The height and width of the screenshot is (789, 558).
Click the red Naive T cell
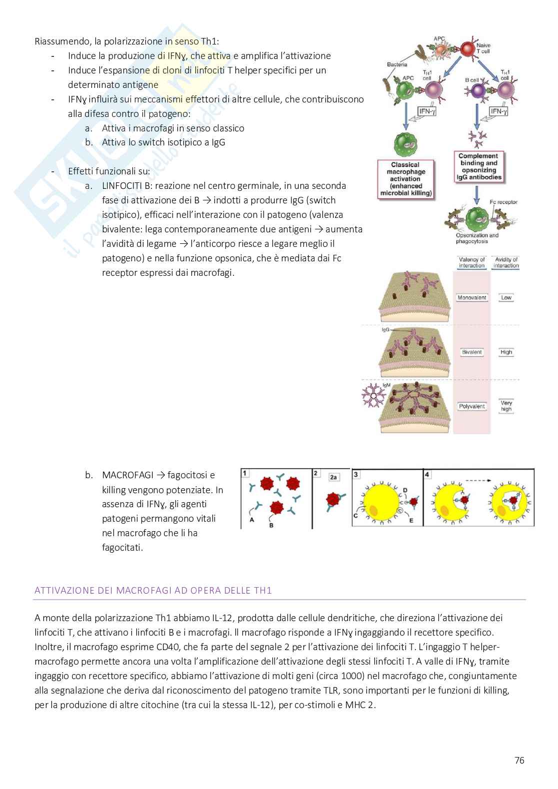pos(467,49)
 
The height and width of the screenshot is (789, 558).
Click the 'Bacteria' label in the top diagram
pos(397,64)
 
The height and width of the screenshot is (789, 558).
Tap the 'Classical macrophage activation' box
pos(405,179)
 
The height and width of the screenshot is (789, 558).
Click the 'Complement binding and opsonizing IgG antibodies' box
pos(478,166)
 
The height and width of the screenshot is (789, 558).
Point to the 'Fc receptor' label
pos(503,202)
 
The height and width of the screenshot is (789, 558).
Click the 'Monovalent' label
pos(471,298)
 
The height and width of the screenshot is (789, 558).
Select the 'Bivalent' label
pos(471,352)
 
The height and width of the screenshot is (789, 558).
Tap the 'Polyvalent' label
pos(471,406)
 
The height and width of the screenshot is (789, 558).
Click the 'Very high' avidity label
pos(506,406)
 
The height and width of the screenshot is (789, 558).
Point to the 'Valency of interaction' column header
pos(471,262)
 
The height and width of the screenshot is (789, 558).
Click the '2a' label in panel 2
pos(334,477)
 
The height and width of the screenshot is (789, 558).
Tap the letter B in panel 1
pos(271,525)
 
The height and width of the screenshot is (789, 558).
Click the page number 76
pos(519,761)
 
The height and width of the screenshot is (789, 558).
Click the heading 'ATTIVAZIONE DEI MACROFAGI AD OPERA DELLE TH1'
pos(153,590)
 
